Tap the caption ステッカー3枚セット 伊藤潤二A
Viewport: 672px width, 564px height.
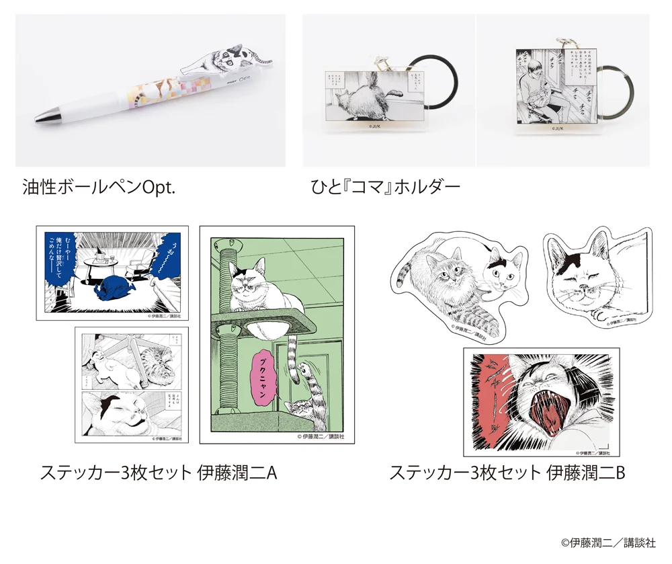158,473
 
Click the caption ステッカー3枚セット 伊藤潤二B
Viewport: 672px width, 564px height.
507,473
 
